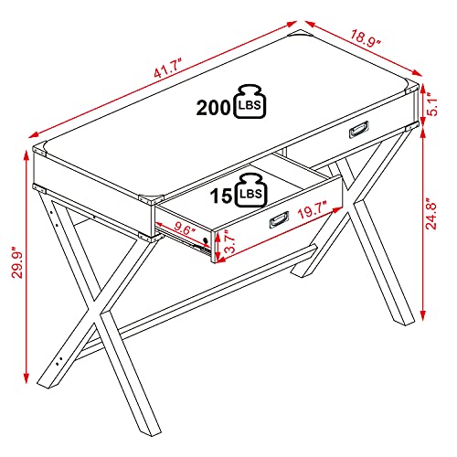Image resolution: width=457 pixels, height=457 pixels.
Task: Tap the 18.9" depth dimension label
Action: tap(365, 38)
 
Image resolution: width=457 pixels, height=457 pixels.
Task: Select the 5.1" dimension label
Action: tap(431, 104)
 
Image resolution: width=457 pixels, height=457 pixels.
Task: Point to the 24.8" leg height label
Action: tap(431, 214)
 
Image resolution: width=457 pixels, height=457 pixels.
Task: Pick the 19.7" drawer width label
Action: tap(313, 209)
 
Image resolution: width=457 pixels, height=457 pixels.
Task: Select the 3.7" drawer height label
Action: tap(229, 241)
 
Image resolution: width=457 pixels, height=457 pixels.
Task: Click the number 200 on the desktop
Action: tap(213, 108)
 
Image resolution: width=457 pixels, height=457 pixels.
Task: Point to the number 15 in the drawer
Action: tap(221, 196)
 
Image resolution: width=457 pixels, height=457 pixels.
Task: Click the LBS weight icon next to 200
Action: tap(250, 101)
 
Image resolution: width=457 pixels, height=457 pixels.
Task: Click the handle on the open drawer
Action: tap(279, 219)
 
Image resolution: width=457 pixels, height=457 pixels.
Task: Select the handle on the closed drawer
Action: tap(359, 130)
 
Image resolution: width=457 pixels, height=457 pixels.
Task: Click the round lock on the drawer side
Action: tap(206, 240)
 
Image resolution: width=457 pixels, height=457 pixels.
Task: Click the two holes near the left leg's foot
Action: tap(59, 361)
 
